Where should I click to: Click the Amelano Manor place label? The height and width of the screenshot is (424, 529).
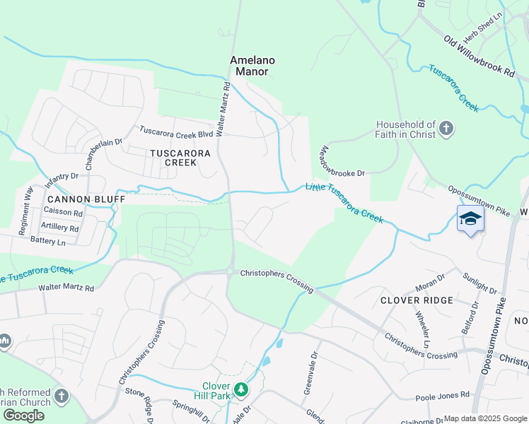coord(252,66)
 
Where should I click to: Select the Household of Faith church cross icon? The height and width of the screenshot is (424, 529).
coord(446,128)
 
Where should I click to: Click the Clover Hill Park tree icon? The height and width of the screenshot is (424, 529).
coord(241,389)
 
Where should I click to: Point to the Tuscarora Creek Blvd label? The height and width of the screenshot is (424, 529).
coord(176,131)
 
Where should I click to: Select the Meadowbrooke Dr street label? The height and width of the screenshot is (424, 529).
coord(342,161)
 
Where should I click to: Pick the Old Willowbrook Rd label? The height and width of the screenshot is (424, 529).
coord(479,57)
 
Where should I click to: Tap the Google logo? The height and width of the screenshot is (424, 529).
coord(23,416)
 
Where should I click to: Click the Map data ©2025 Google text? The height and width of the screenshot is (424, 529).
coord(485,418)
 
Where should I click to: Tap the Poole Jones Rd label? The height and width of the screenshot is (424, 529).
coord(442,396)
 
